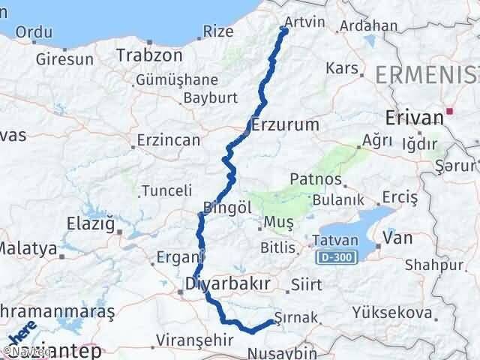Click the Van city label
pyautogui.click(x=397, y=238)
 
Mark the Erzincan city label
pyautogui.click(x=169, y=139)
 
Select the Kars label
pyautogui.click(x=343, y=69)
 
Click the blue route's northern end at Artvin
pyautogui.click(x=283, y=29)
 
